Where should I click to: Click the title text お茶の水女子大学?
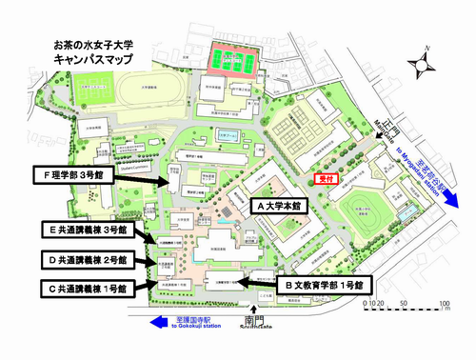[96, 44]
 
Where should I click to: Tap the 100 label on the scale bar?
[445, 307]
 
